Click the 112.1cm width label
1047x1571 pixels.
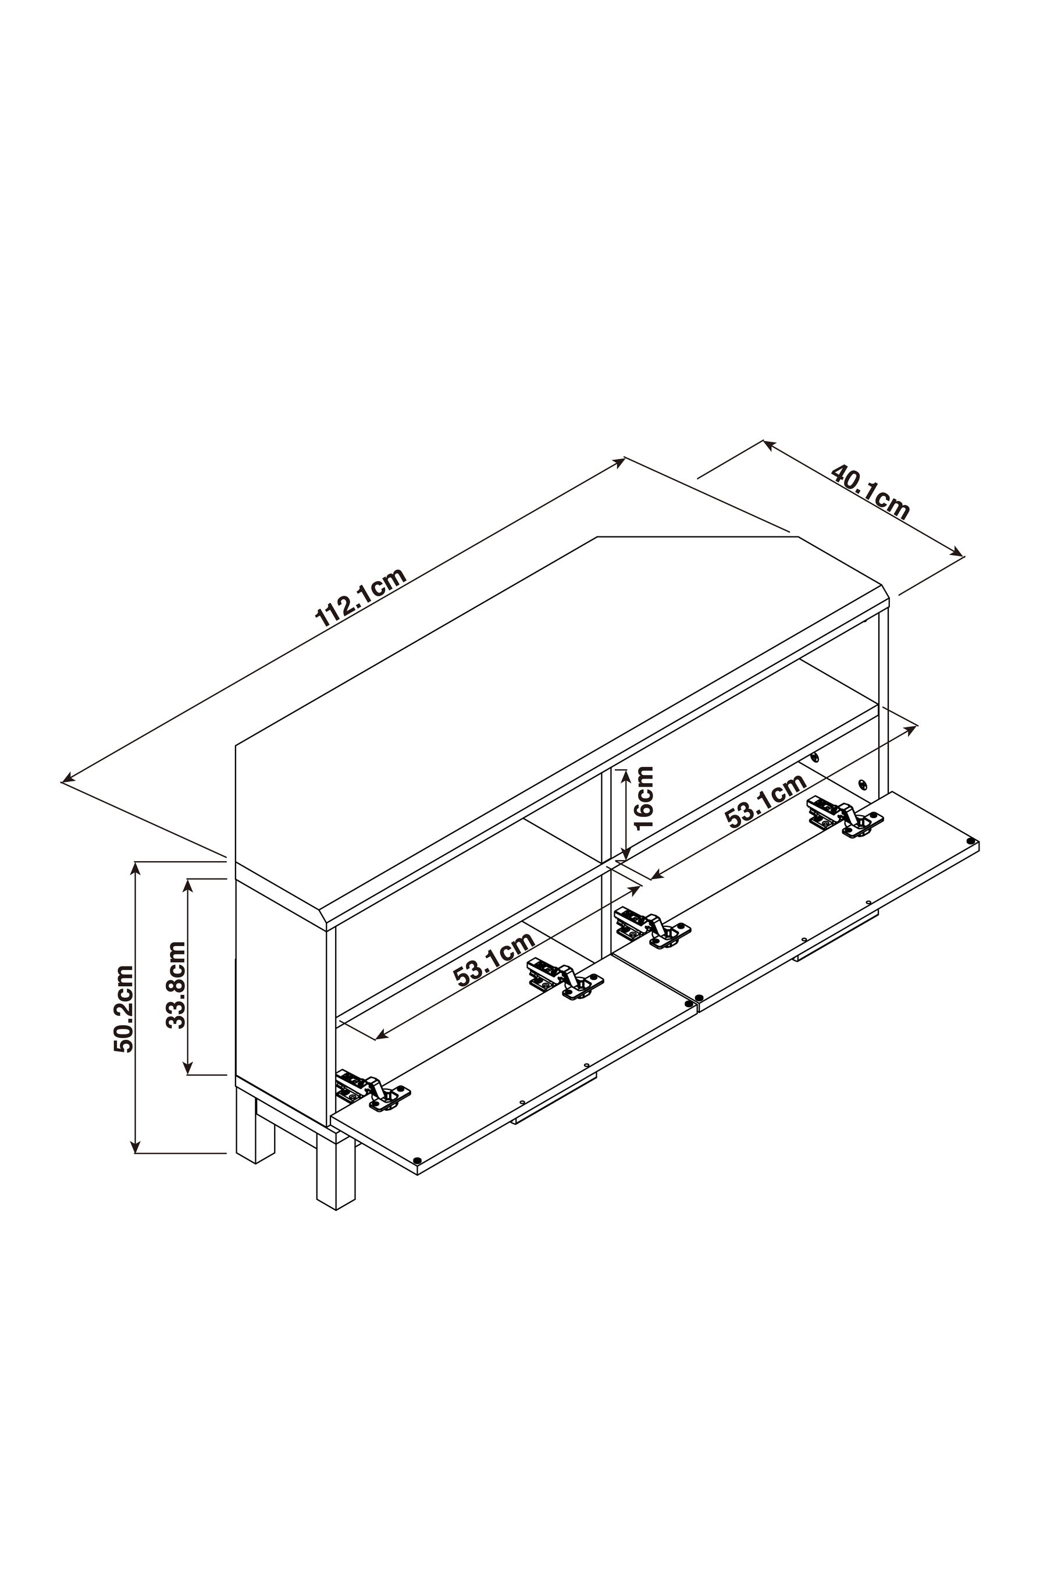361,598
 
